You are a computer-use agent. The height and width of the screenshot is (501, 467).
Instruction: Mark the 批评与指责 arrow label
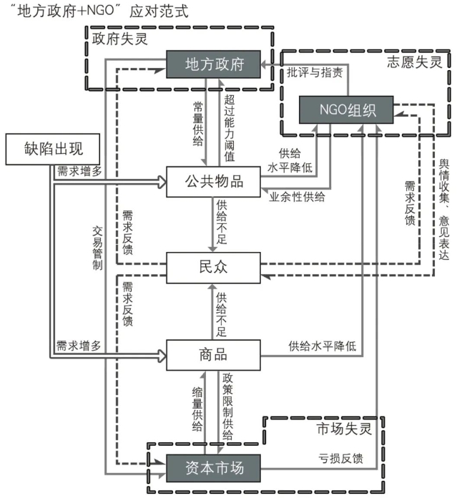pos(315,72)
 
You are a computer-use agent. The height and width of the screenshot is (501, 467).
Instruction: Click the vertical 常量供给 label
pos(197,122)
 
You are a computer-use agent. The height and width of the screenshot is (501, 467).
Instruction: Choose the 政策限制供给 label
pos(228,406)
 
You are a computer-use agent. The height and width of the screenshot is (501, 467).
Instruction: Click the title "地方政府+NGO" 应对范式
pos(97,11)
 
